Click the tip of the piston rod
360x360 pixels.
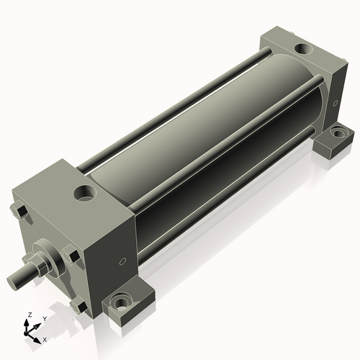click(x=12, y=283)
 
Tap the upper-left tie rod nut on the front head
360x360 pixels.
click(x=19, y=212)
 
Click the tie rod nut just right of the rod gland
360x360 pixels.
click(x=71, y=254)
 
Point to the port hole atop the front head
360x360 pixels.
click(x=85, y=193)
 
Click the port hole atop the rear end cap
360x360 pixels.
click(x=304, y=49)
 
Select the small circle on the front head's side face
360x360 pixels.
click(x=122, y=261)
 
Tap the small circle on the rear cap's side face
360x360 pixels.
click(x=335, y=103)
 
